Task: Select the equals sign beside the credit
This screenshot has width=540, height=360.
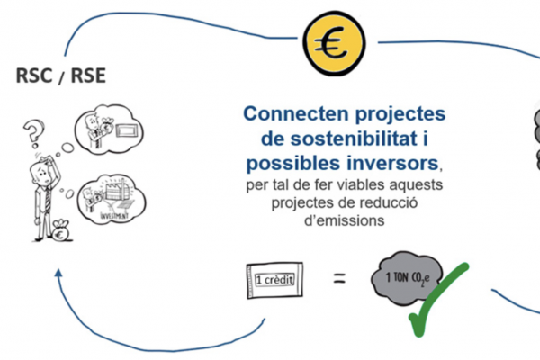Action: pos(340,279)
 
